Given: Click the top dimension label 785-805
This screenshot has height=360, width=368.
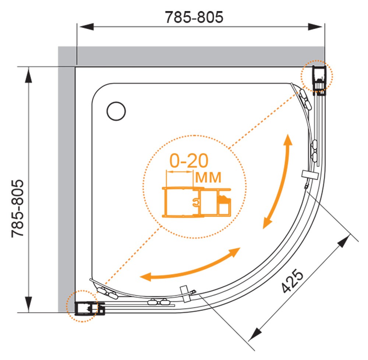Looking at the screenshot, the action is click(194, 17).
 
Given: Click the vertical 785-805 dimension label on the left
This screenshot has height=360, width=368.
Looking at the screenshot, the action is click(18, 208).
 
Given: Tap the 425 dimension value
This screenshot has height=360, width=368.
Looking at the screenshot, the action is click(293, 281).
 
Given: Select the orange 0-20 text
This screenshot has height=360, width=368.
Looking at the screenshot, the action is click(189, 161).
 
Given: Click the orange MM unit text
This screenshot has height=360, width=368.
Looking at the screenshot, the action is click(208, 178).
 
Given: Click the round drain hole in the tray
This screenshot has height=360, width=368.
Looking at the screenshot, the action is click(116, 111).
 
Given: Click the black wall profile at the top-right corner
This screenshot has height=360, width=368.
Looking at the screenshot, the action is click(319, 81).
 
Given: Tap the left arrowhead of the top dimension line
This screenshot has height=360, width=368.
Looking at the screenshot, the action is click(86, 27).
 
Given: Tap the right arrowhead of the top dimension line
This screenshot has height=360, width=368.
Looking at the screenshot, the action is click(315, 27).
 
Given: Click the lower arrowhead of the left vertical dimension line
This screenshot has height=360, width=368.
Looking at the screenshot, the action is click(29, 304).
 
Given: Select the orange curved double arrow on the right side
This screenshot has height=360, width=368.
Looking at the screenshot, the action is click(278, 181).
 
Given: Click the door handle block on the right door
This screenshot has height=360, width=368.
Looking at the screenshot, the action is click(310, 175).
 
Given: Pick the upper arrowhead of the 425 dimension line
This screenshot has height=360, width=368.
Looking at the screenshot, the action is click(343, 241).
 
